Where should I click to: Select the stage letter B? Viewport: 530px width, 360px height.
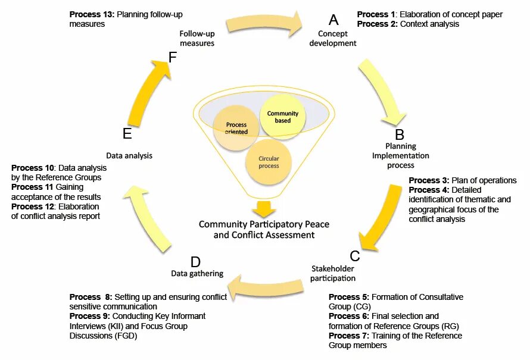[x=400, y=134]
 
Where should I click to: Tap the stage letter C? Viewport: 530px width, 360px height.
[x=355, y=256]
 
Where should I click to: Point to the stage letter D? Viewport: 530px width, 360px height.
[x=195, y=262]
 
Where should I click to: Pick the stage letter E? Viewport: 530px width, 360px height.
[x=127, y=134]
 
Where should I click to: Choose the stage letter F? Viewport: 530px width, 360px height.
[x=173, y=58]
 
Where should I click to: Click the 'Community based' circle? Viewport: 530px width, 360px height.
[x=282, y=117]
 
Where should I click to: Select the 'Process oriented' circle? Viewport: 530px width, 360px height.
[x=236, y=127]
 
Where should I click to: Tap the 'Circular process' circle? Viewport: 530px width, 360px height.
[x=269, y=162]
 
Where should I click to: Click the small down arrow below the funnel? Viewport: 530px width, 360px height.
[x=264, y=209]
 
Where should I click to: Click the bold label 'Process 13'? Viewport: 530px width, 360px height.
[x=92, y=14]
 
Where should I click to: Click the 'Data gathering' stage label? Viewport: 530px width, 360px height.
[x=197, y=274]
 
